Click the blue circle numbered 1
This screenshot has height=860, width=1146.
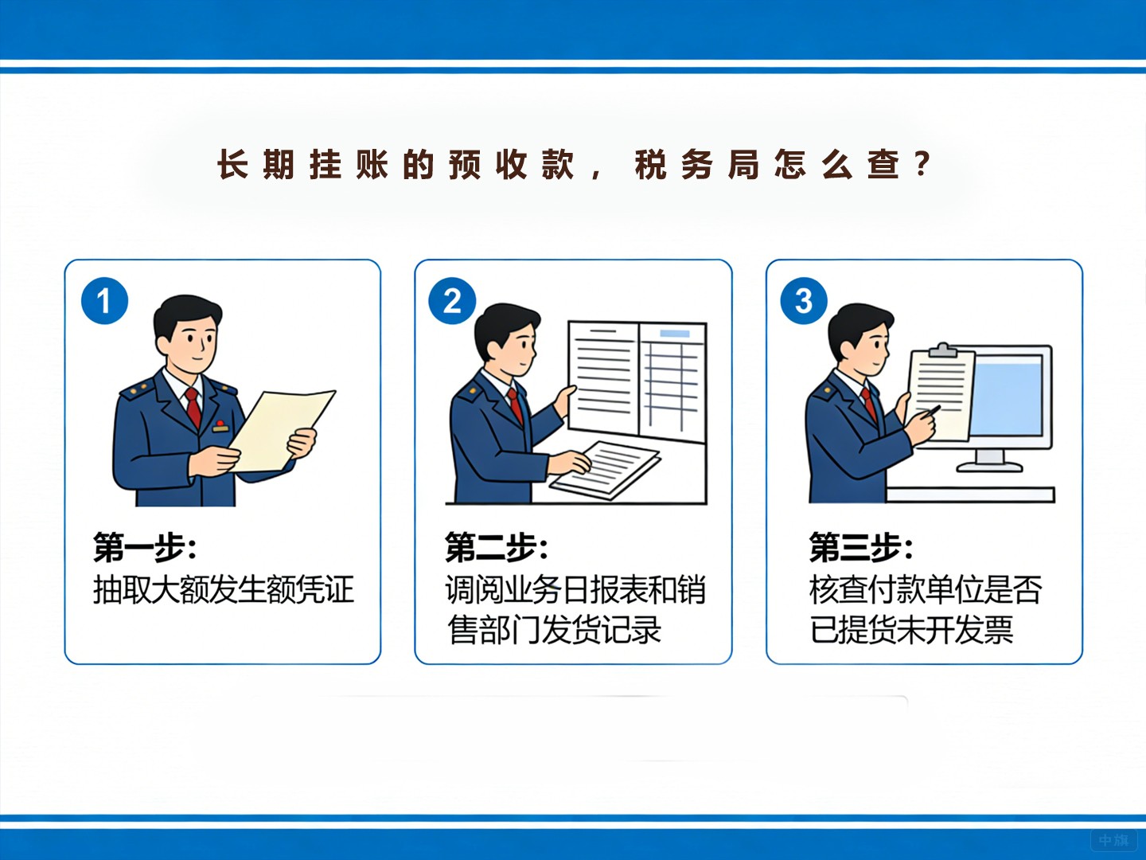point(104,301)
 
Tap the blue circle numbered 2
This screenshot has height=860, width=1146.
point(452,301)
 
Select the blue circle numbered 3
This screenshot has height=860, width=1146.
point(804,301)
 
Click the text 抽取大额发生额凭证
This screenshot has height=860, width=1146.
point(223,590)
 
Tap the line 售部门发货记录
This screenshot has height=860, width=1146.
point(555,630)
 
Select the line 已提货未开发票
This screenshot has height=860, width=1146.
point(911,630)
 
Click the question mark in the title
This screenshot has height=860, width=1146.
point(922,164)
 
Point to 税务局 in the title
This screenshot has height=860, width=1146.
point(696,165)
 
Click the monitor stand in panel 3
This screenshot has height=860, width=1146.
point(989,460)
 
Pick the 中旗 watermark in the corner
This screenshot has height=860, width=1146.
point(1113,840)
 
